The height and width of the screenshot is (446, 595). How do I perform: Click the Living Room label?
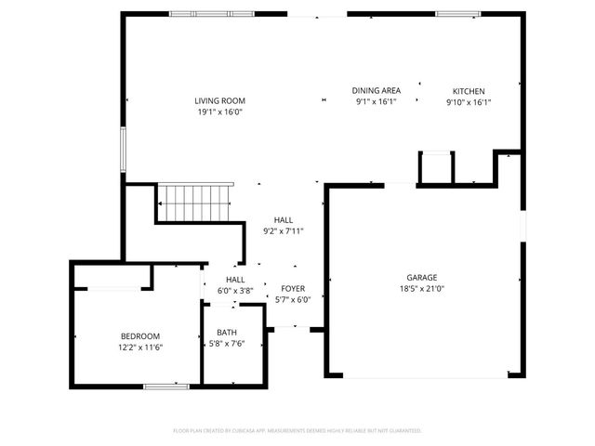(219, 100)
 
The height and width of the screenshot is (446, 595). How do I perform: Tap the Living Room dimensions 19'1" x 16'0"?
(219, 111)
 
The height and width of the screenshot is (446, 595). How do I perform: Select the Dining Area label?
(376, 90)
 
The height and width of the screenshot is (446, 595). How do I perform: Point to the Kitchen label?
(469, 91)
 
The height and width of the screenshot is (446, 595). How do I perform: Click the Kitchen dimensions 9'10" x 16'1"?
(469, 102)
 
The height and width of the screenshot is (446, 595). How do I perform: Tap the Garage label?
(421, 277)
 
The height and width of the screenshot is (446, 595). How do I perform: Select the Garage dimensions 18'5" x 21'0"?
(421, 288)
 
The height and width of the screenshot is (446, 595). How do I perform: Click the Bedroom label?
(140, 336)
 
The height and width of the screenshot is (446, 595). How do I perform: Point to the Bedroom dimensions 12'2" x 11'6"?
(140, 348)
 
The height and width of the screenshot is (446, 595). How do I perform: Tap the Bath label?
(227, 333)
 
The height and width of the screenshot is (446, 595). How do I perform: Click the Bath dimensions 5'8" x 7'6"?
(227, 344)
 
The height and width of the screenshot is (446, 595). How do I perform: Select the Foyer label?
(293, 288)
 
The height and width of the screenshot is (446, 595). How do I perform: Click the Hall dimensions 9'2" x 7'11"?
(284, 231)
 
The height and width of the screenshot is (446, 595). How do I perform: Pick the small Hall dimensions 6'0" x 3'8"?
(235, 290)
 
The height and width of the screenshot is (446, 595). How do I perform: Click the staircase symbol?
(192, 203)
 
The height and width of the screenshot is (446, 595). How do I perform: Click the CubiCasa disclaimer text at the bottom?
(297, 431)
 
